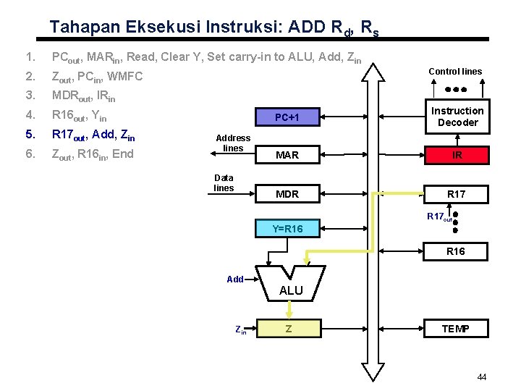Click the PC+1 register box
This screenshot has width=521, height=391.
point(287,117)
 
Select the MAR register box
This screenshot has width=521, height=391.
point(287,155)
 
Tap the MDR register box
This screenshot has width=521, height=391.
point(287,193)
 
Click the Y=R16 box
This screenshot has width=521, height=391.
point(287,230)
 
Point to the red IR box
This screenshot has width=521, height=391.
point(457,155)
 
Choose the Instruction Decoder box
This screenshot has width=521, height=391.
point(457,117)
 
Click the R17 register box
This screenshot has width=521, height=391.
point(457,193)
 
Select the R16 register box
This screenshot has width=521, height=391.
point(457,251)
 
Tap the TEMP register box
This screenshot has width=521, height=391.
point(457,329)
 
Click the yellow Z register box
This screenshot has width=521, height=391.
point(288,329)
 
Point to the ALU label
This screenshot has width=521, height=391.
point(291,290)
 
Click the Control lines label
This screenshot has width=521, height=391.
point(455,72)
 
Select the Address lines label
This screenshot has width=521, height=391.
point(233,143)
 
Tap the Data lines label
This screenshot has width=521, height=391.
point(224,182)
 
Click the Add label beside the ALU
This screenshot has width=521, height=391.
point(234,279)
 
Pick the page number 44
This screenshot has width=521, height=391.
point(482,377)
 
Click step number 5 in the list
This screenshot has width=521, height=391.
point(29,134)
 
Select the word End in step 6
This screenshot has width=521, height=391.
point(122,153)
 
